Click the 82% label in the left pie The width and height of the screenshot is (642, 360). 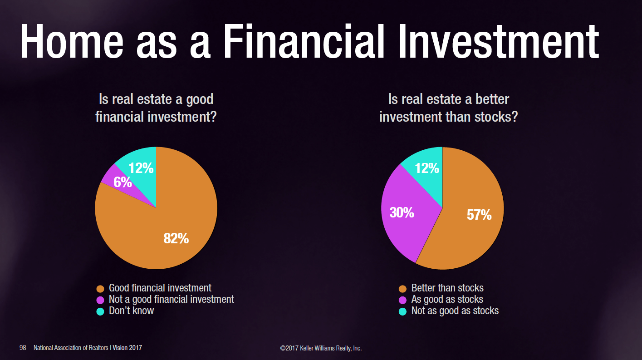(x=176, y=238)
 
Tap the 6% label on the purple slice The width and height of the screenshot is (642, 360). (x=123, y=182)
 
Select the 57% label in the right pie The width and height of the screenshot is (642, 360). (x=479, y=215)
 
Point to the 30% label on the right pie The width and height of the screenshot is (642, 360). (x=402, y=212)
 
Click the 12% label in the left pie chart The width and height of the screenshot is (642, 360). (x=141, y=168)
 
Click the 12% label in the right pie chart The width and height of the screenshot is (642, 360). (x=427, y=168)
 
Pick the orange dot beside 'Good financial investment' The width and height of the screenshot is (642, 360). (x=100, y=289)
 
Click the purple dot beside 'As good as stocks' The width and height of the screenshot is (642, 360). (x=403, y=300)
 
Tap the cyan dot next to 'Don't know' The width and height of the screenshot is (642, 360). (x=100, y=311)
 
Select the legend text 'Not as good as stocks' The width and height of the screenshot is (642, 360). (x=455, y=311)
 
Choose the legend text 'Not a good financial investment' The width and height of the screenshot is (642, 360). (x=172, y=300)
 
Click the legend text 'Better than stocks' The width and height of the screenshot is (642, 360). (x=447, y=288)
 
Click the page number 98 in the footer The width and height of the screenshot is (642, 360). (x=23, y=348)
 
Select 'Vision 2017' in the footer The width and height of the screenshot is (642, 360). (x=127, y=348)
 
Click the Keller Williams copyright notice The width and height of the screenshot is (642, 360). (x=321, y=348)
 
